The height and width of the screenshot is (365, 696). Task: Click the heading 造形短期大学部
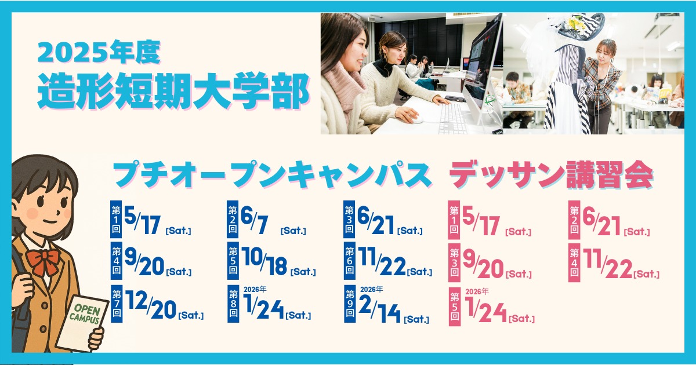(173, 90)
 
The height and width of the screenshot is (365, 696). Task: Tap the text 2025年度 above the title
(99, 52)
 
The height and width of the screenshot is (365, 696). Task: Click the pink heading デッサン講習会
(552, 175)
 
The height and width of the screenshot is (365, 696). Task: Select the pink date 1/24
(486, 310)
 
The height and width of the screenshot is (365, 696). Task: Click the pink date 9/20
(483, 265)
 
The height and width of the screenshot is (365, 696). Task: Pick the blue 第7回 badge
(117, 304)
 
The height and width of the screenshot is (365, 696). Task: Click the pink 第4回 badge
(574, 263)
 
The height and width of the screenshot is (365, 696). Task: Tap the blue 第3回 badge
(349, 219)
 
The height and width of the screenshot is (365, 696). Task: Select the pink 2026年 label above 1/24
(477, 291)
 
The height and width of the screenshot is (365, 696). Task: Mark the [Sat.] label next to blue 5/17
(179, 231)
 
